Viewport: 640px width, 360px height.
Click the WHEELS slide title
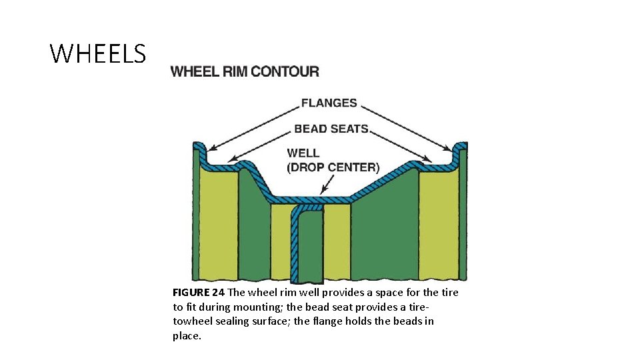98,53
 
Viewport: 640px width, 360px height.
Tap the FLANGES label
329,103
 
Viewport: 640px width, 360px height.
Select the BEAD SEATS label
331,129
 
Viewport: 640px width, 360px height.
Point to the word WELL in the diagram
303,153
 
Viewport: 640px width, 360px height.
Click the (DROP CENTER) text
333,167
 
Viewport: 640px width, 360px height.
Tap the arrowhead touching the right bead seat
427,159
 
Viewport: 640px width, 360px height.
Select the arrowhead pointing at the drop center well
323,191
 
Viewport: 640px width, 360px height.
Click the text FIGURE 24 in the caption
199,293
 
